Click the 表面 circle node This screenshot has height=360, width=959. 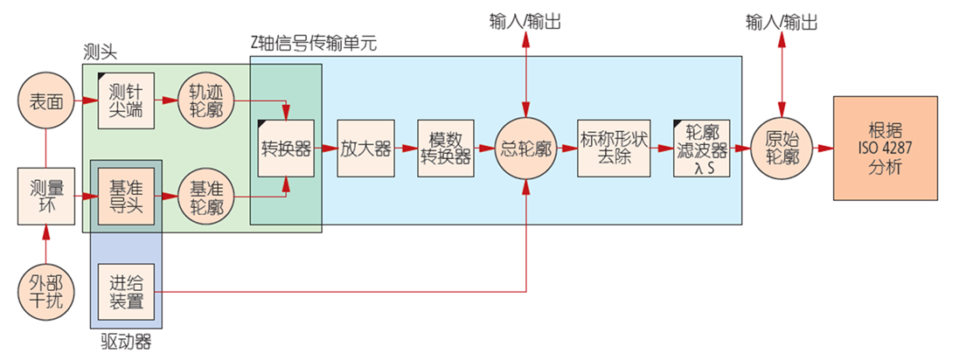click(x=44, y=101)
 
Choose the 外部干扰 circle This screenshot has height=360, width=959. click(x=45, y=289)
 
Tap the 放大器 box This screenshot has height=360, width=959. click(x=366, y=149)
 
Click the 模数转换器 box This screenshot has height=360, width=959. click(x=445, y=149)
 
